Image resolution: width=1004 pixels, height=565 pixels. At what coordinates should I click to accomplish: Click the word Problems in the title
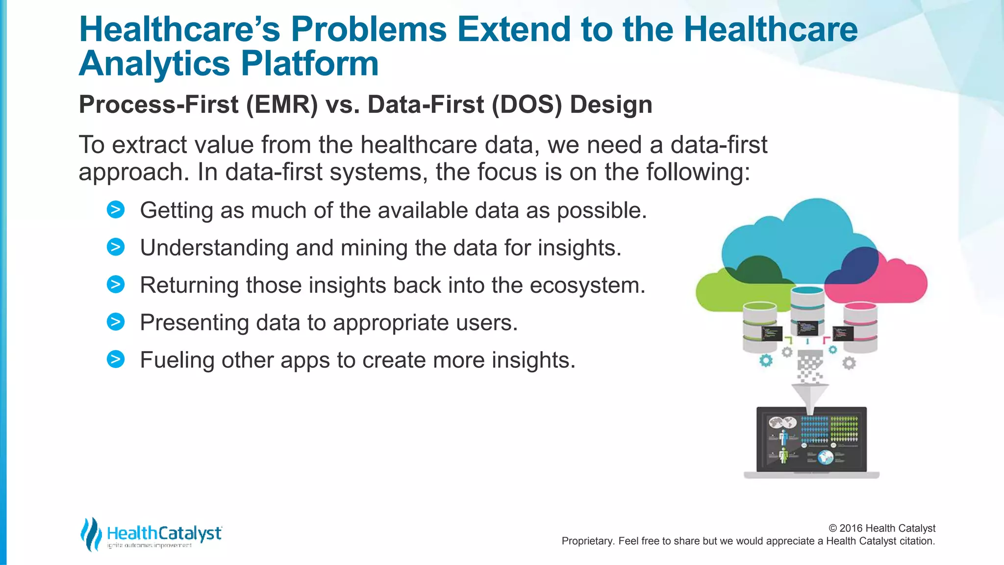tap(368, 29)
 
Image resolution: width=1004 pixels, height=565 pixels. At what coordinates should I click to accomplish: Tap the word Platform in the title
tap(309, 64)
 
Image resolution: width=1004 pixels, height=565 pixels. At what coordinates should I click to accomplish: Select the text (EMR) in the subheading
tap(282, 104)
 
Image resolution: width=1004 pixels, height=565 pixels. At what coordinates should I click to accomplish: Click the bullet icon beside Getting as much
tap(116, 210)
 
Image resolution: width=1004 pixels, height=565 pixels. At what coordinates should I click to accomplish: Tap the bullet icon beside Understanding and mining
tap(116, 247)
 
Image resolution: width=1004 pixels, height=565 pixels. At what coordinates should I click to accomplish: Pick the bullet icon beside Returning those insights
tap(116, 284)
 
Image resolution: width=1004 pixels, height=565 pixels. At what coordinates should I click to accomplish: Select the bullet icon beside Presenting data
tap(116, 322)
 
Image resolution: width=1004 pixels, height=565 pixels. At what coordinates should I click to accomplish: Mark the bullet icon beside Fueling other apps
tap(116, 360)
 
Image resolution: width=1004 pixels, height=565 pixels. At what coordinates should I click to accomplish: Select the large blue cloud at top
tap(804, 235)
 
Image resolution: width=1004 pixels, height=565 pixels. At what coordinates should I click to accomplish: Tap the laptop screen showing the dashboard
tap(811, 439)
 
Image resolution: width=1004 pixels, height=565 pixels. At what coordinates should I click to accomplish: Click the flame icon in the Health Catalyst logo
tap(91, 534)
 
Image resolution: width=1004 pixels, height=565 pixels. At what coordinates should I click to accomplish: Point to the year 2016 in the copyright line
tap(851, 528)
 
